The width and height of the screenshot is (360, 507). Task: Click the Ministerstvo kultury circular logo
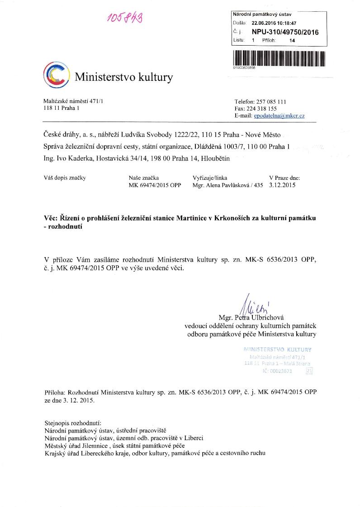pos(56,75)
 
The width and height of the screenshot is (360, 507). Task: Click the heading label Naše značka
pos(143,178)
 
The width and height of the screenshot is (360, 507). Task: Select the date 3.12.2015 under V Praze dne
pos(282,185)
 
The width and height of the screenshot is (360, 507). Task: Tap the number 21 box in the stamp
pos(309,371)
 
